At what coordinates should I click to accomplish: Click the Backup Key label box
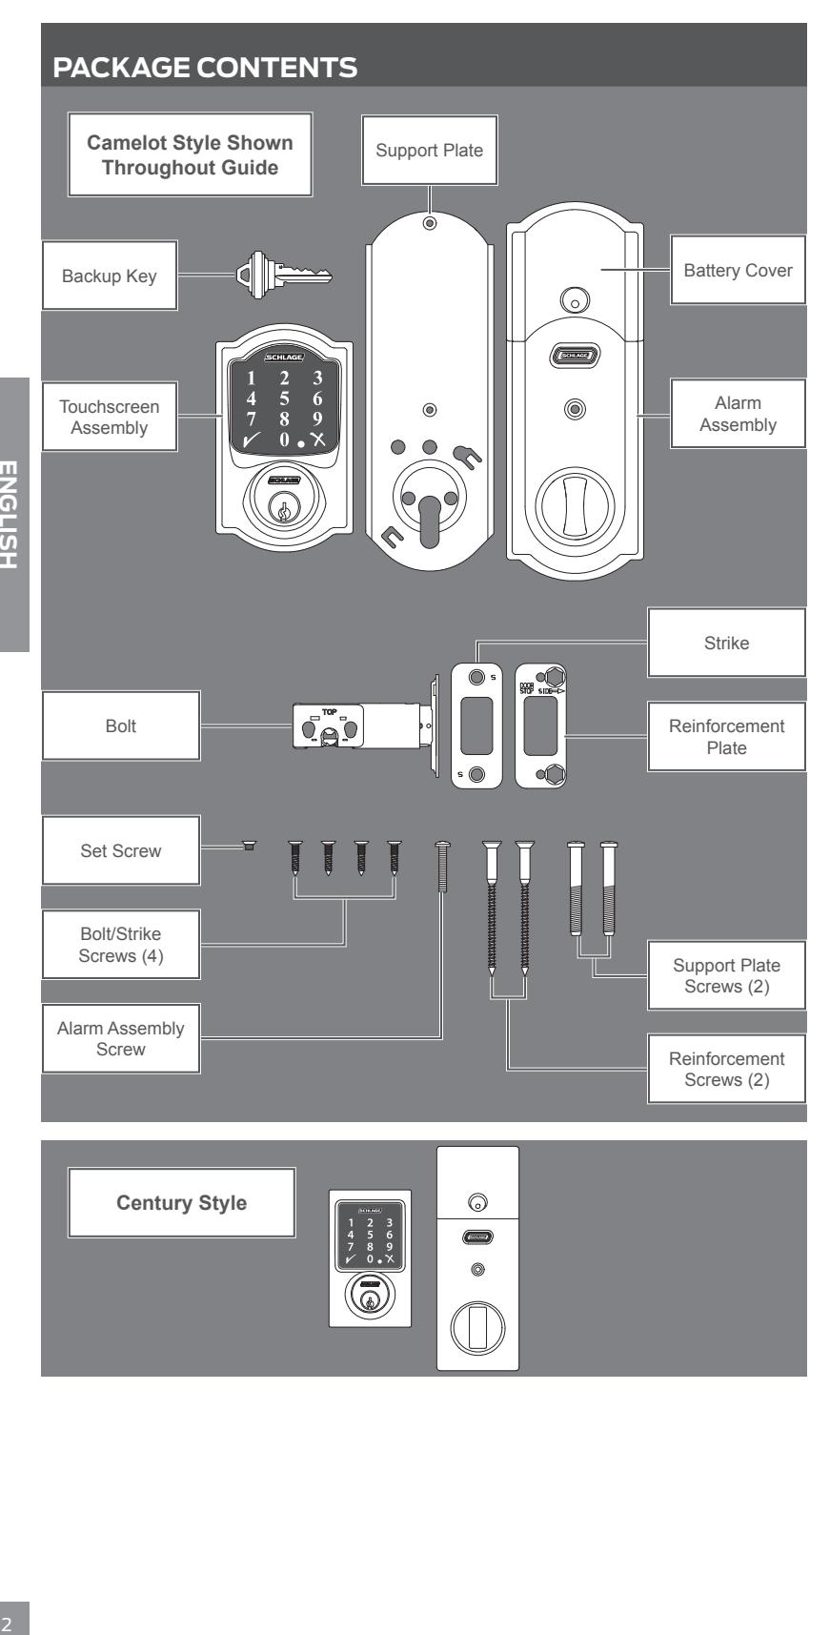pos(109,276)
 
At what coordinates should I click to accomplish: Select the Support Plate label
pos(430,150)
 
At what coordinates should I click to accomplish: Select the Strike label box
pos(727,644)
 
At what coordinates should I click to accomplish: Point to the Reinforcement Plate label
pos(727,737)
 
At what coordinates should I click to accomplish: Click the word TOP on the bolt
pos(328,712)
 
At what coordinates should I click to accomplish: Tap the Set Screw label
pos(120,850)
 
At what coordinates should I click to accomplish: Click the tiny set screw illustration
pos(249,846)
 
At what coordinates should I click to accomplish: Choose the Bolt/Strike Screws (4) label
pos(120,945)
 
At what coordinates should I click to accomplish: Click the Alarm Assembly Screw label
pos(120,1038)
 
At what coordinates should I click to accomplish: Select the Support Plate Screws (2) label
pos(727,975)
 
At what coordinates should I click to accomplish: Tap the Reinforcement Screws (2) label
pos(727,1069)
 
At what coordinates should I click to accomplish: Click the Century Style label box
pos(181,1203)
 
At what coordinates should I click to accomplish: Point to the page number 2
pos(11,1619)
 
